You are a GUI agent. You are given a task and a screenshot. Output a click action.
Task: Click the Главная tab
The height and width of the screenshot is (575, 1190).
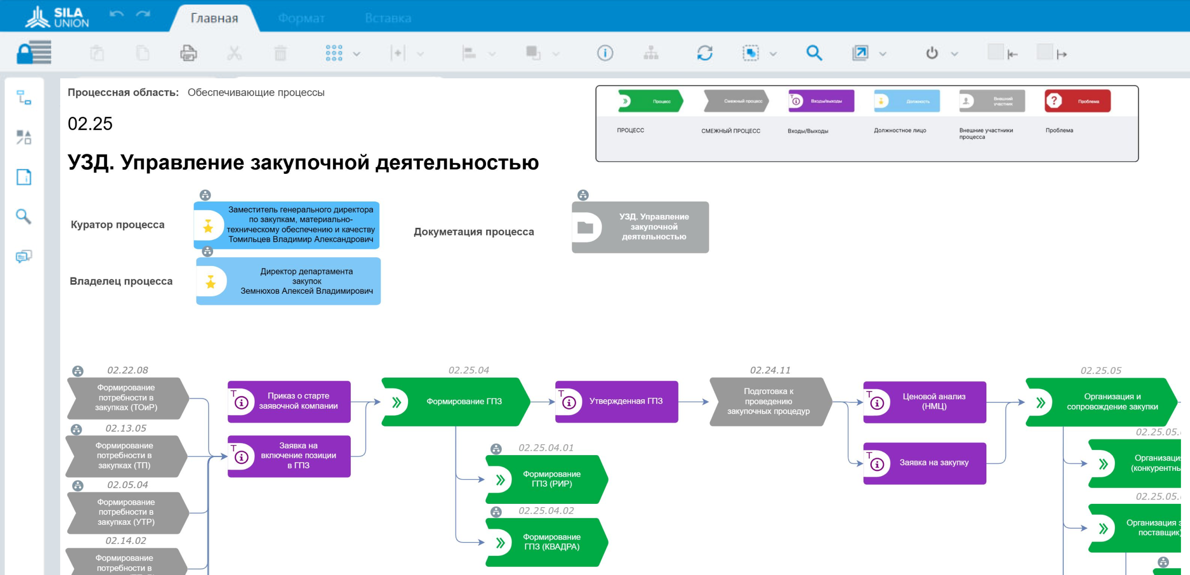pyautogui.click(x=214, y=18)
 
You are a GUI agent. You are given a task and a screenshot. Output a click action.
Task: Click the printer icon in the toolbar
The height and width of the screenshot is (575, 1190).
pyautogui.click(x=188, y=53)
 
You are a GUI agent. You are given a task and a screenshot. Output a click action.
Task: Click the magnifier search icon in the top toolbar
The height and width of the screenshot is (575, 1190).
pyautogui.click(x=814, y=53)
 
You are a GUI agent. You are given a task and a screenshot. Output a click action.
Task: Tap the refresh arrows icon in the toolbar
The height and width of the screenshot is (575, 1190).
pyautogui.click(x=704, y=53)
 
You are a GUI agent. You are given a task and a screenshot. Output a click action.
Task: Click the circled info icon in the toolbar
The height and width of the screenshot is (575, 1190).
pyautogui.click(x=605, y=53)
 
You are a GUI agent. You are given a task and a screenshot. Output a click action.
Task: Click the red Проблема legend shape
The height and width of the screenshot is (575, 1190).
pyautogui.click(x=1077, y=101)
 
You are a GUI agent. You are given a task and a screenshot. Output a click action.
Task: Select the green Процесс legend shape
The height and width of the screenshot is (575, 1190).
pyautogui.click(x=650, y=101)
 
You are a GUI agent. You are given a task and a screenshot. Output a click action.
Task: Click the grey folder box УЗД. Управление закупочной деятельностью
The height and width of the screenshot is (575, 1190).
pyautogui.click(x=640, y=227)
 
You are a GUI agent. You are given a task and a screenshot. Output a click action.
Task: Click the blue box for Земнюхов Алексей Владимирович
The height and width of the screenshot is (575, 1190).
pyautogui.click(x=288, y=281)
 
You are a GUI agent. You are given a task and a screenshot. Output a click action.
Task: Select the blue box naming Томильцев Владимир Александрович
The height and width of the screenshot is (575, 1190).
pyautogui.click(x=286, y=225)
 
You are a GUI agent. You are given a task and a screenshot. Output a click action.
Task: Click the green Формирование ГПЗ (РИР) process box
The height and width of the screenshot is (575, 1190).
pyautogui.click(x=546, y=479)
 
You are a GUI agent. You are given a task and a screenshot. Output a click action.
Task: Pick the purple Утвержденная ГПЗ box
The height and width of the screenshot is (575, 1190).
pyautogui.click(x=617, y=402)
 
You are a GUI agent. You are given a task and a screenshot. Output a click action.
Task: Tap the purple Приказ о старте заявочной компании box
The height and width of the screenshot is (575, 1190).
pyautogui.click(x=289, y=402)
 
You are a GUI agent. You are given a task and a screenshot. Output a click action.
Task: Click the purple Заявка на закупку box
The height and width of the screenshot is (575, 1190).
pyautogui.click(x=924, y=463)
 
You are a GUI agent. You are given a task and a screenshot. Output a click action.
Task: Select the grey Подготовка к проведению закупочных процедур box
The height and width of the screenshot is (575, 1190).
pyautogui.click(x=769, y=402)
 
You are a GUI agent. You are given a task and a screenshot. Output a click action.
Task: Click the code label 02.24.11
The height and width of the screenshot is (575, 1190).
pyautogui.click(x=770, y=370)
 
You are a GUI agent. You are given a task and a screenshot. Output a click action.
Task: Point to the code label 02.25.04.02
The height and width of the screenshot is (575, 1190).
pyautogui.click(x=546, y=511)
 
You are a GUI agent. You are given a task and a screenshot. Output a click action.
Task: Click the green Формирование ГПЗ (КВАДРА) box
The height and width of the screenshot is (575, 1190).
pyautogui.click(x=546, y=542)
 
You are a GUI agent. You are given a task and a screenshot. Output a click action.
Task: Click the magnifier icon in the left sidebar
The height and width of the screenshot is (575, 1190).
pyautogui.click(x=23, y=217)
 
